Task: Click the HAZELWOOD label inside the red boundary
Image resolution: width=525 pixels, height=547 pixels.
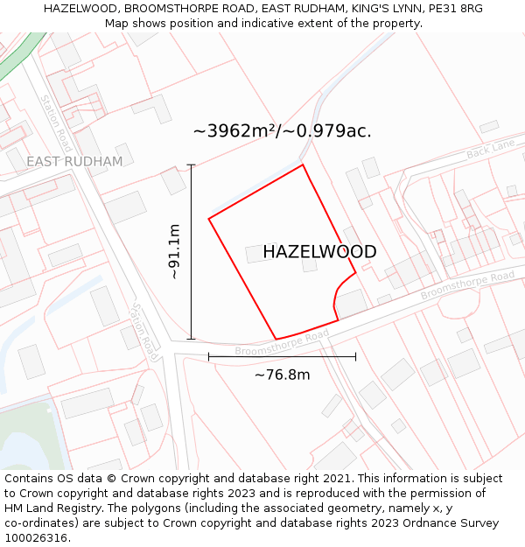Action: click(x=319, y=252)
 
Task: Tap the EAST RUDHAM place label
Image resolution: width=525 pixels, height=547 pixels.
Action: click(x=74, y=162)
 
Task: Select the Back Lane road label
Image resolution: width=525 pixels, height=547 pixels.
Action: click(x=491, y=150)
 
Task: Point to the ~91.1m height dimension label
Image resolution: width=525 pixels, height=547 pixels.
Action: click(x=174, y=251)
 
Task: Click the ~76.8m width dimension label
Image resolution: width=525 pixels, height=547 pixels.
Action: click(x=282, y=375)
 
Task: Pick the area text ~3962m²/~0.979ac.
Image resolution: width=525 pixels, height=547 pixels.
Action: click(x=282, y=131)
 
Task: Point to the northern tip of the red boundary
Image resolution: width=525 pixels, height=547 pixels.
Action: click(x=303, y=165)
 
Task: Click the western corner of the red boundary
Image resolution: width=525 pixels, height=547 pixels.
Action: click(x=209, y=218)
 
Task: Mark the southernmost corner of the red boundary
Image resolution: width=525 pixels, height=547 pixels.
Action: click(x=276, y=340)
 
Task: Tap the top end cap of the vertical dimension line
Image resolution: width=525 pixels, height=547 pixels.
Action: click(x=191, y=165)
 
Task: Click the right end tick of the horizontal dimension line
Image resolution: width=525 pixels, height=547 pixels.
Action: click(x=355, y=356)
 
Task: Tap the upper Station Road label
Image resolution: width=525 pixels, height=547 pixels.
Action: click(x=55, y=123)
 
